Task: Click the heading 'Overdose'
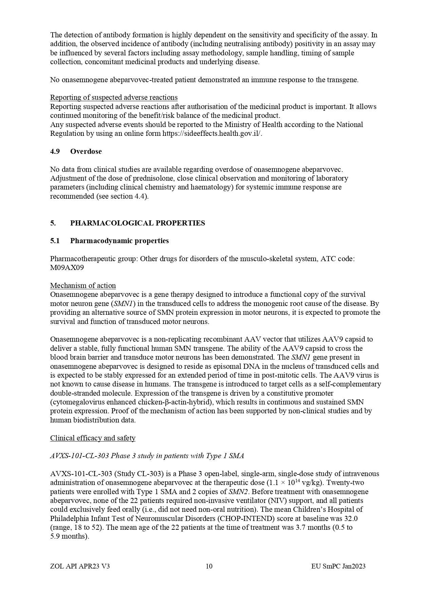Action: tap(86, 151)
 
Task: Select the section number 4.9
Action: tap(55, 151)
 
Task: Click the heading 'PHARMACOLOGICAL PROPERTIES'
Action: tap(137, 223)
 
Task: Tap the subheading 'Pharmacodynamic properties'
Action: tap(119, 241)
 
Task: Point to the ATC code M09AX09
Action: tap(67, 268)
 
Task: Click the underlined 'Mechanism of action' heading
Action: tap(83, 286)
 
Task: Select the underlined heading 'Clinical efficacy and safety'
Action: tap(93, 438)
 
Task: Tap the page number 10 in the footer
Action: tap(209, 566)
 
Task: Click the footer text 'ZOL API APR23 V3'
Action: tap(80, 566)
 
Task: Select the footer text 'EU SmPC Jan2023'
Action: tap(338, 566)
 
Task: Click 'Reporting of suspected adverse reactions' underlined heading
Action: tap(114, 97)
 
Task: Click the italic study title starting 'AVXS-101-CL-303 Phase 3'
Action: tap(147, 456)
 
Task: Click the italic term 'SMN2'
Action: tap(237, 492)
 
